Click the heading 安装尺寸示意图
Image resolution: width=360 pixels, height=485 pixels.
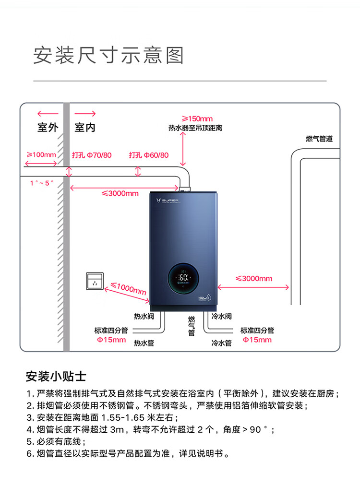108,56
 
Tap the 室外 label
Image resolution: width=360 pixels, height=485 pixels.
48,128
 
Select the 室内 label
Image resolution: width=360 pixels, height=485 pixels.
85,128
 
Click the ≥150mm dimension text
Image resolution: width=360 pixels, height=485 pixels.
197,118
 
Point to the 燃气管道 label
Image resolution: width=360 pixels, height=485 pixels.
319,139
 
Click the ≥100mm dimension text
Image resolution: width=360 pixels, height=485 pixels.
41,155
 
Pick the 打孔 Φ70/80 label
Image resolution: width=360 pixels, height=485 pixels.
92,155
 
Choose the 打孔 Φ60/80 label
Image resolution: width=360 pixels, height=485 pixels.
149,155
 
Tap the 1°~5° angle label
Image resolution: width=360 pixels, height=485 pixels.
42,183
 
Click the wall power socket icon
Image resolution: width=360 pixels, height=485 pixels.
94,281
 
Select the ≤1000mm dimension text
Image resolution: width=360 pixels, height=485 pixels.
128,289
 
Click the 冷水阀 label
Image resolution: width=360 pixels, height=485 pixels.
222,317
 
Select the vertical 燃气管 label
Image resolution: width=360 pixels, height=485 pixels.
192,326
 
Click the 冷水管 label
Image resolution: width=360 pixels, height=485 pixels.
222,343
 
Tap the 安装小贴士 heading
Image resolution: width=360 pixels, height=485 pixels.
56,376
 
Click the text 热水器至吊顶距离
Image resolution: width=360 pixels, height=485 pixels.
195,128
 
